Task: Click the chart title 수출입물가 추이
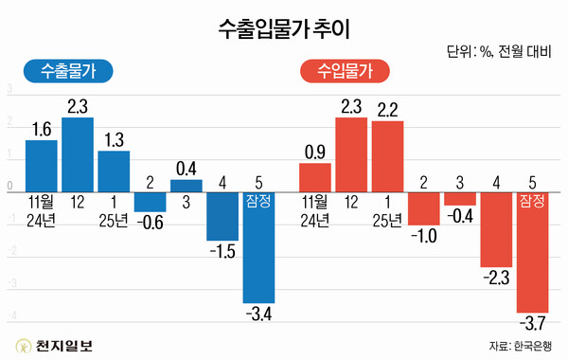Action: (x=283, y=27)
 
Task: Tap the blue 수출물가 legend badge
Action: (x=67, y=69)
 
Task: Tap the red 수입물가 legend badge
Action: (x=342, y=69)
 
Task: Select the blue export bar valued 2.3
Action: (x=78, y=155)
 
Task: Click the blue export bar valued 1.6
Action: (x=42, y=167)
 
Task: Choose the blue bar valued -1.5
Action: (x=222, y=217)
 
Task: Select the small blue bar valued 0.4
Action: (x=186, y=186)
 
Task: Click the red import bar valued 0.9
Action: (x=315, y=178)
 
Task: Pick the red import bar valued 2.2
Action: (x=388, y=157)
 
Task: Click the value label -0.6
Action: (x=150, y=224)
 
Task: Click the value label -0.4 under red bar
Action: (x=460, y=217)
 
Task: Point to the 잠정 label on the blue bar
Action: (x=258, y=201)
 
